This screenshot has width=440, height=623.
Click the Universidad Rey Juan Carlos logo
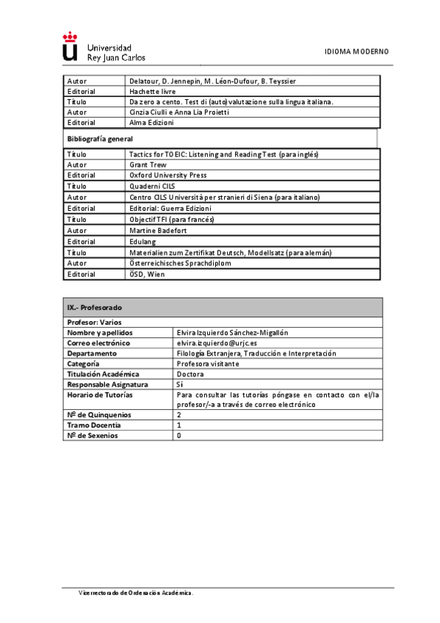(x=104, y=47)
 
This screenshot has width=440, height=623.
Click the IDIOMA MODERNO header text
(x=357, y=51)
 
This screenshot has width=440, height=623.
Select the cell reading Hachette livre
(x=152, y=91)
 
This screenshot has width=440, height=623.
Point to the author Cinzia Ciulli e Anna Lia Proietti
(x=179, y=112)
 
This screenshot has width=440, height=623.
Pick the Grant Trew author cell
(x=148, y=165)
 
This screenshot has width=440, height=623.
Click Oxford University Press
(x=167, y=176)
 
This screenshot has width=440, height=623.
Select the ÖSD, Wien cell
(x=147, y=274)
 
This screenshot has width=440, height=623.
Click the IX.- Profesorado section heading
(x=95, y=307)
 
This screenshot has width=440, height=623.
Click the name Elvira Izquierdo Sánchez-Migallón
(x=234, y=333)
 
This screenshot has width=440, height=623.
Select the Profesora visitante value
(x=208, y=364)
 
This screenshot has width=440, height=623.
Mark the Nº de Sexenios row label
(x=93, y=436)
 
